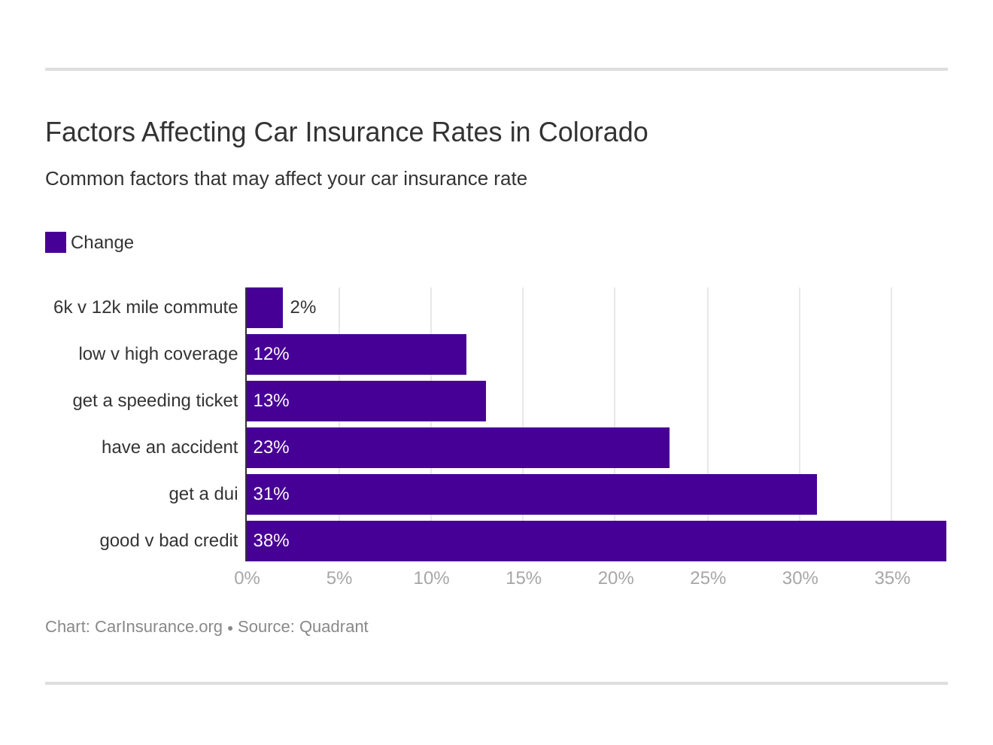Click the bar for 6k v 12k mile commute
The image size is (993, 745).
click(265, 308)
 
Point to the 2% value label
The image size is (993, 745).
click(302, 308)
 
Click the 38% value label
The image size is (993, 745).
click(271, 541)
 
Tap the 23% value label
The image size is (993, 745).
click(271, 448)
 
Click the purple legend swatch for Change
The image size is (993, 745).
click(56, 242)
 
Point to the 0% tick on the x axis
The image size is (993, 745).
click(247, 578)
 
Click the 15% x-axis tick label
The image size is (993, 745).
click(523, 578)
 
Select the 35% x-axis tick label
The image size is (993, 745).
click(891, 578)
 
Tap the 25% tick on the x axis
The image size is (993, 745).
click(707, 578)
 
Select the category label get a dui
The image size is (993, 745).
click(203, 494)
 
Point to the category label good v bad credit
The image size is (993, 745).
click(169, 541)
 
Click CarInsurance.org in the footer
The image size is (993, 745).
click(158, 627)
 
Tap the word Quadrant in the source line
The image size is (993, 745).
click(333, 627)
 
